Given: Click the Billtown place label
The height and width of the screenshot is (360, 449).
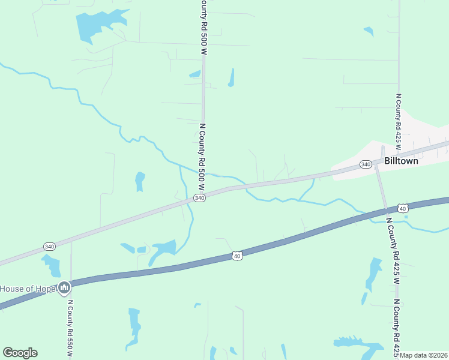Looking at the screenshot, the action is tap(401, 161).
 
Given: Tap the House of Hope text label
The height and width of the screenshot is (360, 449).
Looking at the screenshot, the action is tap(27, 289).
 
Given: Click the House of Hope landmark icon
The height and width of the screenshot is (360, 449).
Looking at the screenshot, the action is tap(64, 289).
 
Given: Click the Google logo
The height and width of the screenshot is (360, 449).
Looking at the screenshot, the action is tap(20, 353).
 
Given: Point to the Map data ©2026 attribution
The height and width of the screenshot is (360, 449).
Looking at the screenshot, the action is tap(424, 355).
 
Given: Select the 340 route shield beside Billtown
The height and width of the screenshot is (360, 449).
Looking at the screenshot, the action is tap(366, 164).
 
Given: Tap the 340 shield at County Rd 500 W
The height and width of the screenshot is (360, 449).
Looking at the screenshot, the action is tap(200, 198).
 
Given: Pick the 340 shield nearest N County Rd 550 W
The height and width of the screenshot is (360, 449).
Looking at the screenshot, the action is tap(50, 247).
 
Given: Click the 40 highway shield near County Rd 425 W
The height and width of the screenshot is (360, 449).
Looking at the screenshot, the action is tap(402, 208).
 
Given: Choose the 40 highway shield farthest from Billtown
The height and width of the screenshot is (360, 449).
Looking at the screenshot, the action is tap(238, 256).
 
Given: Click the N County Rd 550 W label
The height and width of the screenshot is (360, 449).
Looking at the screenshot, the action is tap(70, 329).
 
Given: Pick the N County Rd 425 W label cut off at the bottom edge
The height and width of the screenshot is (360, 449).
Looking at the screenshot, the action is tap(396, 327).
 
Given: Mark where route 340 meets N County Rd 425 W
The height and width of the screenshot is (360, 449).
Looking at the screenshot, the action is tap(376, 165).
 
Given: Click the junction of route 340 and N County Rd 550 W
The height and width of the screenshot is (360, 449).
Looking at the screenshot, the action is tap(71, 241).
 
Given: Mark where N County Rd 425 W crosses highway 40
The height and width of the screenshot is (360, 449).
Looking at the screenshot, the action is tap(385, 211).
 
